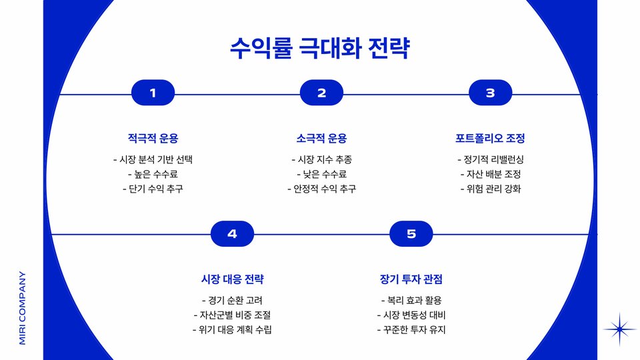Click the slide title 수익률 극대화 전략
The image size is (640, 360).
coord(319,49)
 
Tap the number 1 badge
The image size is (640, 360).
coord(153,93)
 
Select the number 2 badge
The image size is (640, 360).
coord(321,93)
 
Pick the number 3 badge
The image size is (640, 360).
coord(490,93)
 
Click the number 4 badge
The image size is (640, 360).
coord(232,234)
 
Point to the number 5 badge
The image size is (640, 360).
coord(411,234)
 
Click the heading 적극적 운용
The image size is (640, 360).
coord(153,139)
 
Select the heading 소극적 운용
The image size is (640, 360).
coord(321,139)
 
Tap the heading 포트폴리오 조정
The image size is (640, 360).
coord(490,139)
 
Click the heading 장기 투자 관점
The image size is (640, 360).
coord(411,279)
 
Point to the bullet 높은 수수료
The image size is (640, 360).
coord(153,174)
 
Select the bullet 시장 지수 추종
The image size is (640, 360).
coord(321,159)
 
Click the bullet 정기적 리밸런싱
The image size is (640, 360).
coord(490,159)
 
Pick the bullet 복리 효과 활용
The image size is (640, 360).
coord(411,300)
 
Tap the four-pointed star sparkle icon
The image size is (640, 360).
coord(620,329)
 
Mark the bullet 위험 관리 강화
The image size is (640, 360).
coord(490,189)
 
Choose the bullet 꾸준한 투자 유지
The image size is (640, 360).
coord(411,329)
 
